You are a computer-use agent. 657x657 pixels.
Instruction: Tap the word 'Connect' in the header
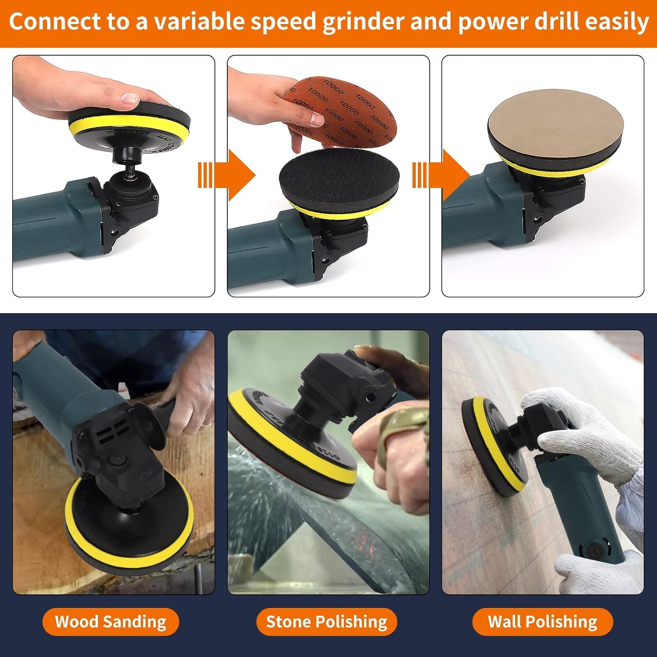coord(55,22)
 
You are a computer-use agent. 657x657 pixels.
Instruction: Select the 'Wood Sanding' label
coord(110,622)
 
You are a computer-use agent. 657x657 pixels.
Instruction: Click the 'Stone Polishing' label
coord(326,622)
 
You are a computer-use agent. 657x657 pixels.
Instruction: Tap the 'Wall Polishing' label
coord(542,622)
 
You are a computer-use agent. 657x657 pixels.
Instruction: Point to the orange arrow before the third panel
coord(441,175)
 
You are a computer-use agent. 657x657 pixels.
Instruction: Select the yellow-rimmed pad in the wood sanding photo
coord(130,523)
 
